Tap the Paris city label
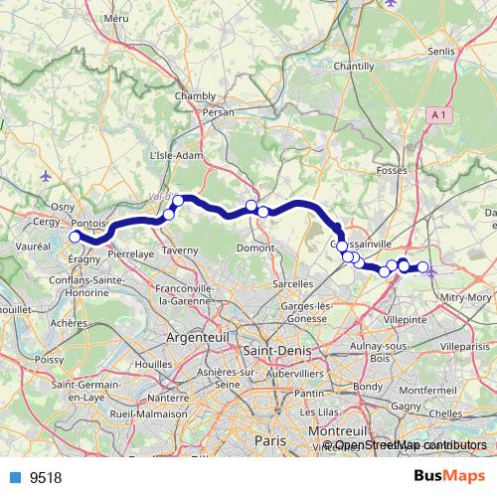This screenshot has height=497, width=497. pyautogui.click(x=268, y=438)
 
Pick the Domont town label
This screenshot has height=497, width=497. pyautogui.click(x=257, y=247)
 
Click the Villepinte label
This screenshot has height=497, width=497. pyautogui.click(x=404, y=320)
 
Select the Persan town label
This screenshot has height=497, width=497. pyautogui.click(x=218, y=112)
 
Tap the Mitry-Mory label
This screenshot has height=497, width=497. pyautogui.click(x=466, y=296)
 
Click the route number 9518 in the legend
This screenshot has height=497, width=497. pyautogui.click(x=46, y=477)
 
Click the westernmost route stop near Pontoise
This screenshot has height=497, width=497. pyautogui.click(x=74, y=238)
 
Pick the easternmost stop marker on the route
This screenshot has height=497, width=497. pyautogui.click(x=422, y=266)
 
